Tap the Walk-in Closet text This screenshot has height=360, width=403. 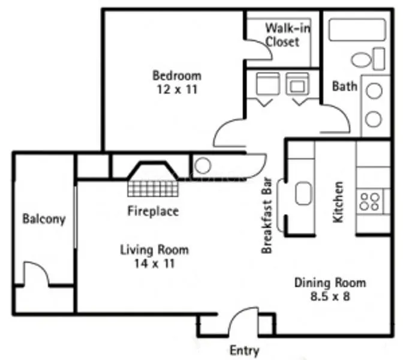point(282,34)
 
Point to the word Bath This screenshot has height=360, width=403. point(345,86)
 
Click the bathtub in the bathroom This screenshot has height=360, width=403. point(356,30)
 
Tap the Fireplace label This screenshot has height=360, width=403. point(153,211)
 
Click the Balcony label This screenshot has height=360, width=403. point(44,218)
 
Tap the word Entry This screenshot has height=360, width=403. point(245,350)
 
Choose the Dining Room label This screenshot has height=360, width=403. point(330,283)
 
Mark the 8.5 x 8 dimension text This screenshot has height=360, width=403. point(330,297)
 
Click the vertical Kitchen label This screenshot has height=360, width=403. point(339,202)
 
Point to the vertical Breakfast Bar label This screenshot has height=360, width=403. point(268,215)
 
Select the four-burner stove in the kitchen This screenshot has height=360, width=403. point(369,201)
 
